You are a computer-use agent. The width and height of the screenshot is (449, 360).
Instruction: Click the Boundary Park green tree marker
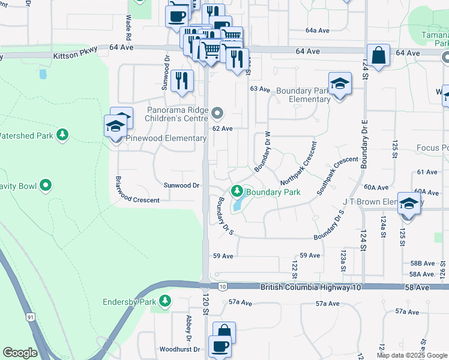click(x=237, y=191)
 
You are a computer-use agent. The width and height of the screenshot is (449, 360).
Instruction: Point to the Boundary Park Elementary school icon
click(x=340, y=83)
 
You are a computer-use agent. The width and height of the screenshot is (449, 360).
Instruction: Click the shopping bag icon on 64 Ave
click(x=379, y=55)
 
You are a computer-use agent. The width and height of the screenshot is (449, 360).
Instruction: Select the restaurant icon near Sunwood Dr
click(x=182, y=80)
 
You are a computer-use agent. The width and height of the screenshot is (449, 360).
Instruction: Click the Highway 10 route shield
click(x=222, y=287)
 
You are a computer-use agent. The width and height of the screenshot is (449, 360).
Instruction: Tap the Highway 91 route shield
click(x=30, y=316)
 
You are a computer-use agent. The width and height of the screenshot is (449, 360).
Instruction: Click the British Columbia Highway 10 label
click(x=311, y=288)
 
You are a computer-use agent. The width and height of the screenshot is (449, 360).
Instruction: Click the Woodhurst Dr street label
click(x=179, y=349)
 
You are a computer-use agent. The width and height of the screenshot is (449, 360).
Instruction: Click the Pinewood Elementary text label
click(x=166, y=139)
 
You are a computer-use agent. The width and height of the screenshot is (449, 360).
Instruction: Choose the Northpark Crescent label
click(x=298, y=163)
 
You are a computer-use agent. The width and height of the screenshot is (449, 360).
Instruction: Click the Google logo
click(x=20, y=353)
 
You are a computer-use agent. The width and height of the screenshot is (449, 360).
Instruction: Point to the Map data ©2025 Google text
click(x=411, y=355)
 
